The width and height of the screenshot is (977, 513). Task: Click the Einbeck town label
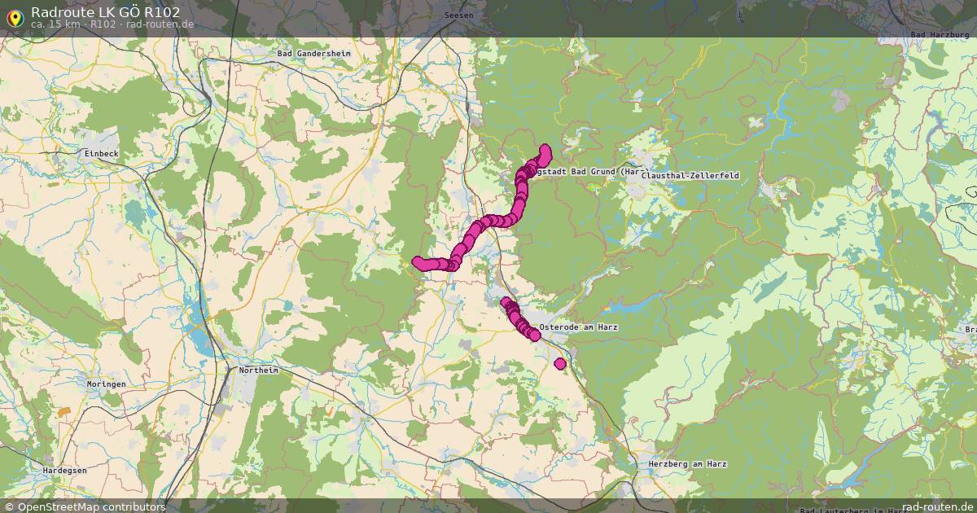(x=101, y=153)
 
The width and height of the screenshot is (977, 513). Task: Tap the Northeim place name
(x=258, y=370)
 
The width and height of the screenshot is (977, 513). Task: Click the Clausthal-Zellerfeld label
(x=690, y=175)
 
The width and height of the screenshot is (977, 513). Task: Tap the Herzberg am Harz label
(x=687, y=464)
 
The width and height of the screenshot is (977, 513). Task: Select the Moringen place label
(x=107, y=384)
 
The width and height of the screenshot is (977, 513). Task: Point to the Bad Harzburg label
(x=940, y=35)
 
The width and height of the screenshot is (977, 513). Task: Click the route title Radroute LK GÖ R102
(x=105, y=11)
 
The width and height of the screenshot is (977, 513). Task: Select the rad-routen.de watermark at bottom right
(x=938, y=506)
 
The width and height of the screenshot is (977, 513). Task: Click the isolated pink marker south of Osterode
(x=560, y=364)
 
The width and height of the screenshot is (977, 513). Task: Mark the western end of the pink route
(x=418, y=261)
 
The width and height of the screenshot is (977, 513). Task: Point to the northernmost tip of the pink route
(x=545, y=150)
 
